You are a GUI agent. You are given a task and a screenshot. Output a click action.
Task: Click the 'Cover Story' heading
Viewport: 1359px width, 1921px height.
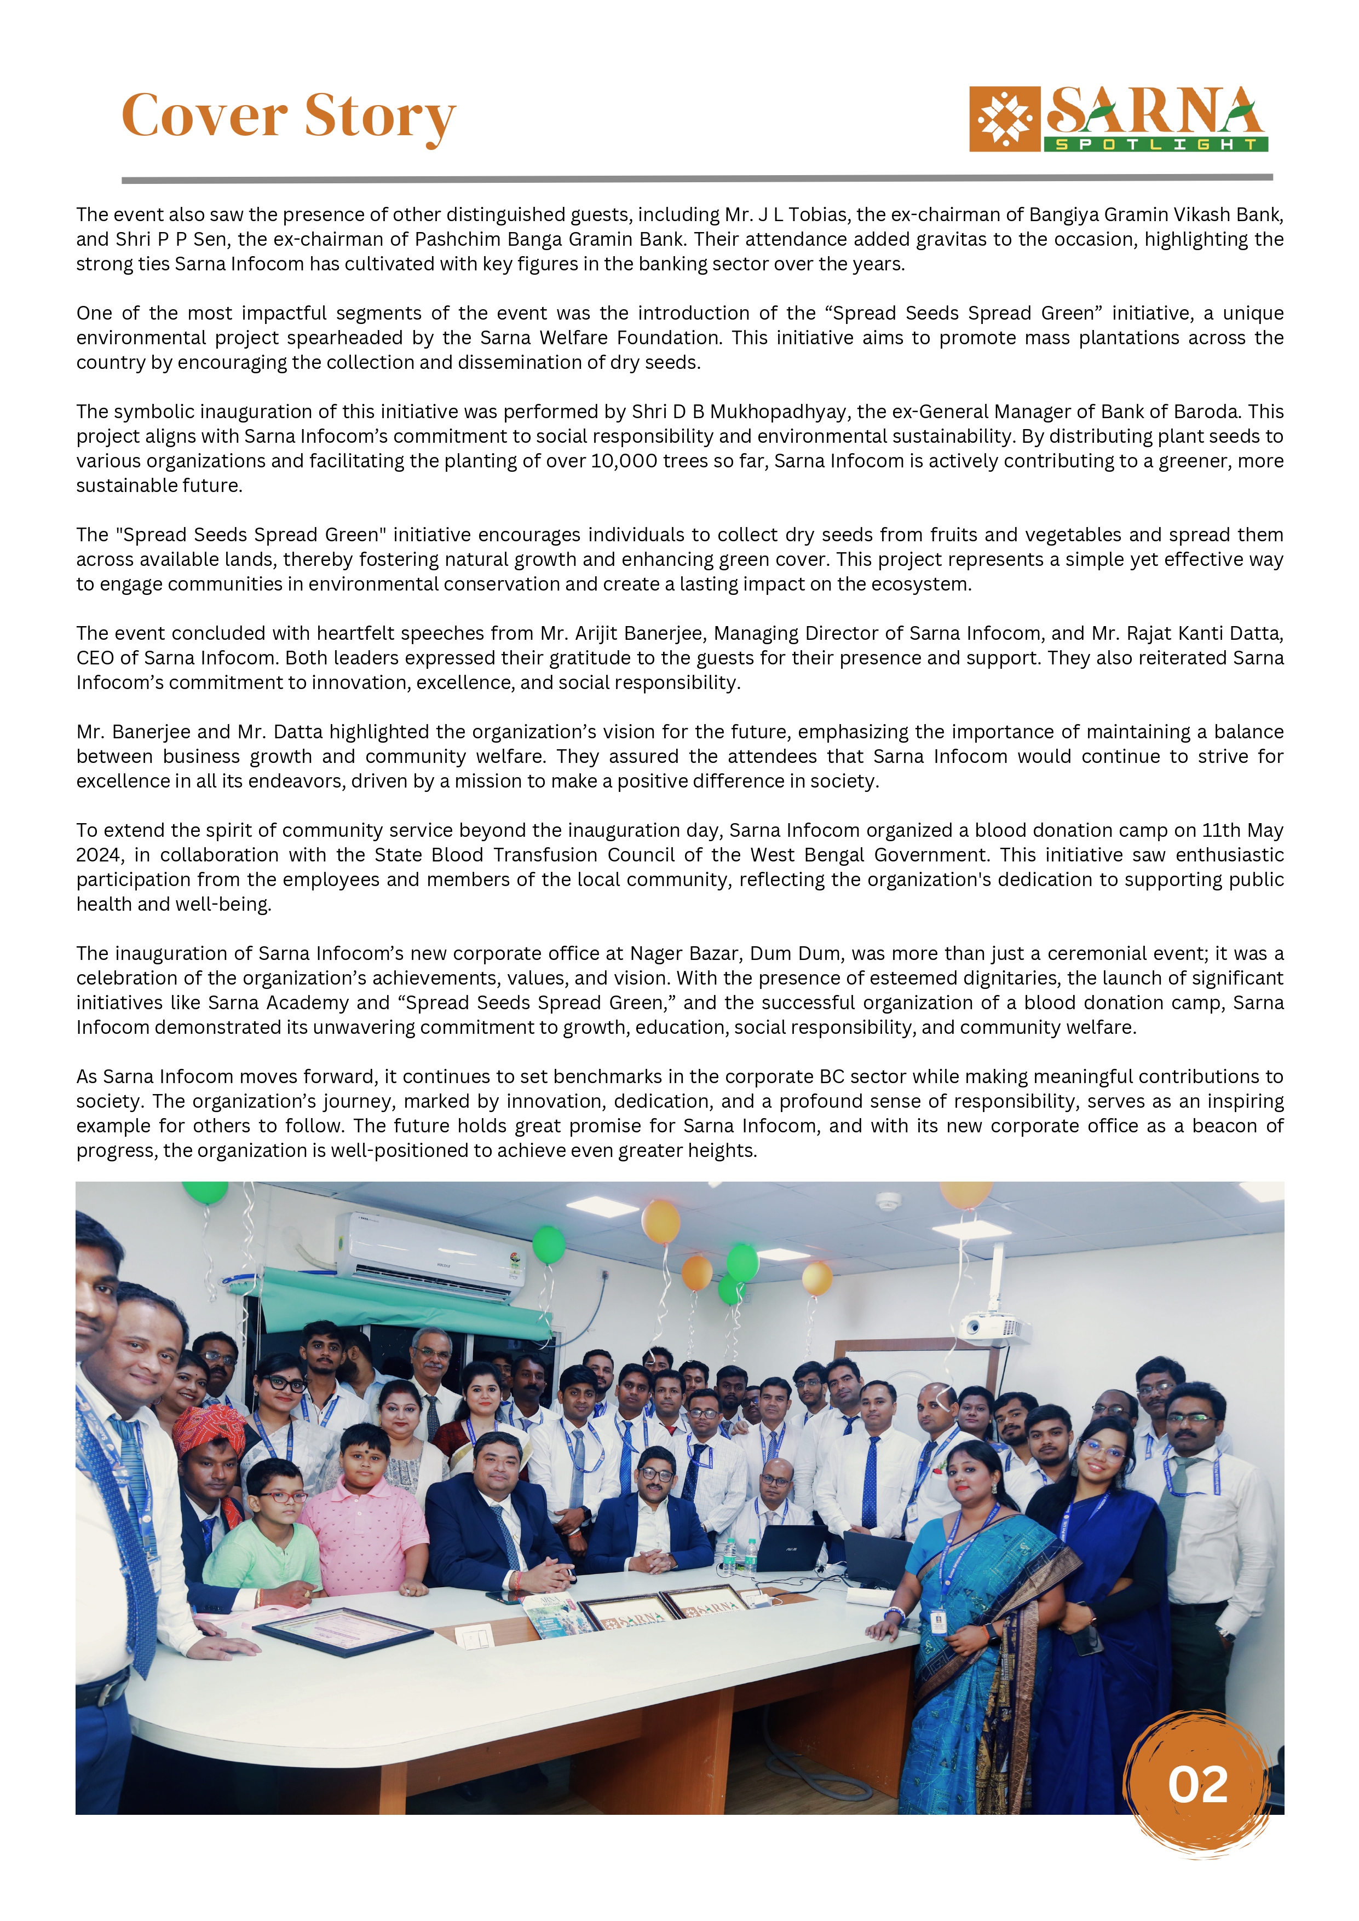click(288, 116)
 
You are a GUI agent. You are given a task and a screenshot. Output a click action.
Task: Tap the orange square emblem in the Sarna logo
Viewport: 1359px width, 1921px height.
click(1004, 119)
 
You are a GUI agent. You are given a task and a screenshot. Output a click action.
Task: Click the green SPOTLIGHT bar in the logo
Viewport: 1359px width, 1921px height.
click(1156, 144)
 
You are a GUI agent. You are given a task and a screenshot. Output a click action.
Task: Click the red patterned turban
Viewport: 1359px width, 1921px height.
click(209, 1429)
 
